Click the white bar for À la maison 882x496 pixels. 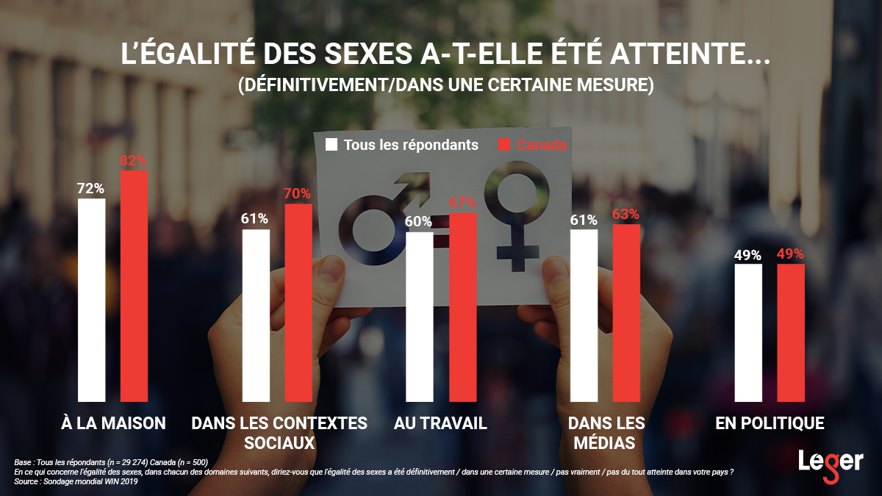pyautogui.click(x=92, y=300)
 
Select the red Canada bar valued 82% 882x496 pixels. pyautogui.click(x=134, y=286)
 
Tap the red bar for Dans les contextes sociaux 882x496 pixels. pyautogui.click(x=298, y=303)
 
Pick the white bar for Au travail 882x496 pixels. pyautogui.click(x=420, y=317)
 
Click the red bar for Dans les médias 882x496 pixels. pyautogui.click(x=626, y=313)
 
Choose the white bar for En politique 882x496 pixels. pyautogui.click(x=748, y=333)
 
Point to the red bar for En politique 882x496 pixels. pyautogui.click(x=791, y=333)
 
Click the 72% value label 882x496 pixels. pyautogui.click(x=91, y=188)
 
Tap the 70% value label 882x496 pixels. pyautogui.click(x=298, y=194)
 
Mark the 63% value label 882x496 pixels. pyautogui.click(x=626, y=215)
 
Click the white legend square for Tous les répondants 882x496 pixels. pyautogui.click(x=331, y=145)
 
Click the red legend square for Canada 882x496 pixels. pyautogui.click(x=504, y=145)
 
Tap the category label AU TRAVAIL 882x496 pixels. pyautogui.click(x=440, y=423)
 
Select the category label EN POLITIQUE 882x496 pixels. pyautogui.click(x=770, y=423)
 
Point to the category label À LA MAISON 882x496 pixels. pyautogui.click(x=112, y=423)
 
